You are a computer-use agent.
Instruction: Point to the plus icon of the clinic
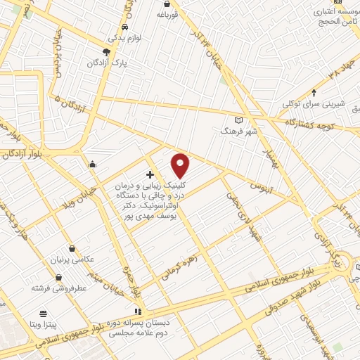[x=150, y=174]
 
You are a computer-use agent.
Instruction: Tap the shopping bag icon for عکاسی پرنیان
[x=73, y=249]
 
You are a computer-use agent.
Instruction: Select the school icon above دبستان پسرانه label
[x=139, y=311]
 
